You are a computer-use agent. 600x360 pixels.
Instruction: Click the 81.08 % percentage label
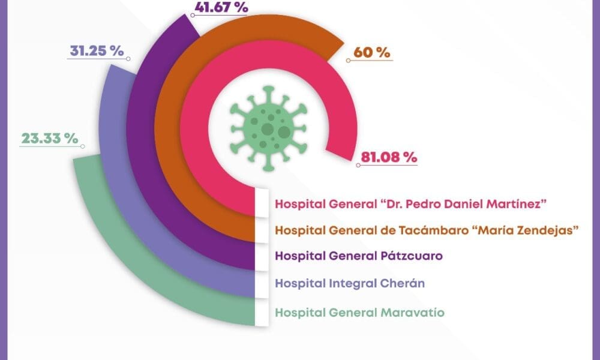coord(388,157)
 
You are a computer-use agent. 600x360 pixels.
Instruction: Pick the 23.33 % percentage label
coord(50,138)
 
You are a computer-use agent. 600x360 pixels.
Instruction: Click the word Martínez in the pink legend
coord(514,204)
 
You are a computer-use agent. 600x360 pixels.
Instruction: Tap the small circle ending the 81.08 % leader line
coord(358,164)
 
